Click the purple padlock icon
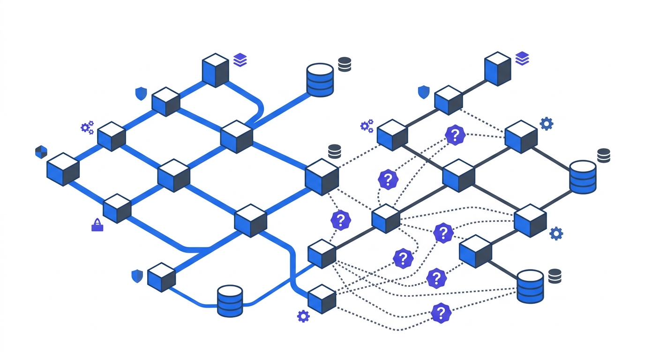tap(97, 225)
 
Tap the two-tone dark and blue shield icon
tap(41, 152)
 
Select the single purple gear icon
tap(303, 316)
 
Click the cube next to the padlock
tap(117, 208)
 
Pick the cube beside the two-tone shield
tap(63, 169)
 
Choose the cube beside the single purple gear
tap(322, 299)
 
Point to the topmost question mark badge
tap(454, 135)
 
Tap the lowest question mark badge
tap(441, 313)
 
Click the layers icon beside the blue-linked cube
tap(240, 60)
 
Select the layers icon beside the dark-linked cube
tap(522, 59)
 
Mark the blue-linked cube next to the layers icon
tap(215, 70)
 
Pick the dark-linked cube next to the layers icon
tap(497, 68)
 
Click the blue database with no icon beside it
tap(230, 300)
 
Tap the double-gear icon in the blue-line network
tap(87, 127)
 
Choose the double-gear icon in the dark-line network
tap(367, 126)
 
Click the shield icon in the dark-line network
tap(424, 92)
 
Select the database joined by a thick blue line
tap(320, 80)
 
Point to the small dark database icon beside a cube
tap(335, 151)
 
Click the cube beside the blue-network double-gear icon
tap(112, 136)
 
